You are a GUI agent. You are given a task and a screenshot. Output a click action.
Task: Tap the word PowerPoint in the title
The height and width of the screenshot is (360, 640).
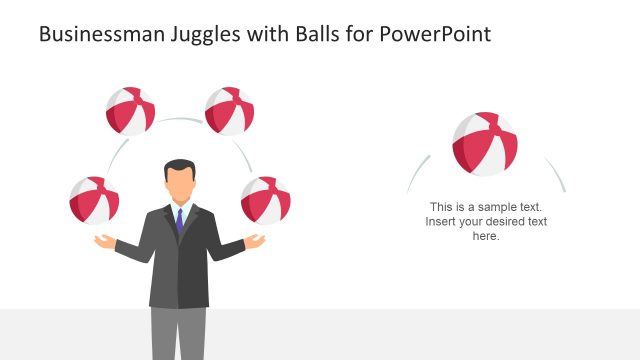(x=434, y=35)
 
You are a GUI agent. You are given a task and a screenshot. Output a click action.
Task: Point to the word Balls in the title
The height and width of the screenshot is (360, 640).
(x=324, y=35)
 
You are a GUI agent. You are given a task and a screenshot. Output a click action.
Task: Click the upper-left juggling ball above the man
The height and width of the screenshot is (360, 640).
(x=131, y=111)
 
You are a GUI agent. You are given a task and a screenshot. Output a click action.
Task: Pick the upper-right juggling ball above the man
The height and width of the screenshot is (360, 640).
(x=229, y=111)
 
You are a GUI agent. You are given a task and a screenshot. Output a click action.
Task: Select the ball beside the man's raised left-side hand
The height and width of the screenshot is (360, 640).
(x=94, y=200)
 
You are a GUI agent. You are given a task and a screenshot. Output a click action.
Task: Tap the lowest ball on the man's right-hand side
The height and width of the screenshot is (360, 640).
(x=266, y=200)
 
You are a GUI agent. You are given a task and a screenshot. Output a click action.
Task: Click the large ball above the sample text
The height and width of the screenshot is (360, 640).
(x=485, y=144)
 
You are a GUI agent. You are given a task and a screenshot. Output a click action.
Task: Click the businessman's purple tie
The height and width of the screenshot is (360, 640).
(x=179, y=220)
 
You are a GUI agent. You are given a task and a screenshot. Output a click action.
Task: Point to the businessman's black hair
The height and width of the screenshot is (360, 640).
(x=180, y=166)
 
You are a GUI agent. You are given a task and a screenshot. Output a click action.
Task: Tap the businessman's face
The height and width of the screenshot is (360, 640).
(x=180, y=184)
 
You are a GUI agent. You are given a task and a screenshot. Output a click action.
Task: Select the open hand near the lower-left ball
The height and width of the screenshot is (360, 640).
(x=106, y=241)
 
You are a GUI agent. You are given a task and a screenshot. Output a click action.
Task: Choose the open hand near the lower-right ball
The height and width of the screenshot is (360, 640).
(x=254, y=241)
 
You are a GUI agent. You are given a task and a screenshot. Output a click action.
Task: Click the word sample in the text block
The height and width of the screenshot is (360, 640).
(x=503, y=207)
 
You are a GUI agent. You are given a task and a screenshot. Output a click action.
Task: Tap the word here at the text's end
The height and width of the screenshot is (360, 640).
(x=485, y=237)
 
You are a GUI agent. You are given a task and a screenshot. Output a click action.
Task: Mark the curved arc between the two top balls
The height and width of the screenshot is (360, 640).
(x=180, y=119)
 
